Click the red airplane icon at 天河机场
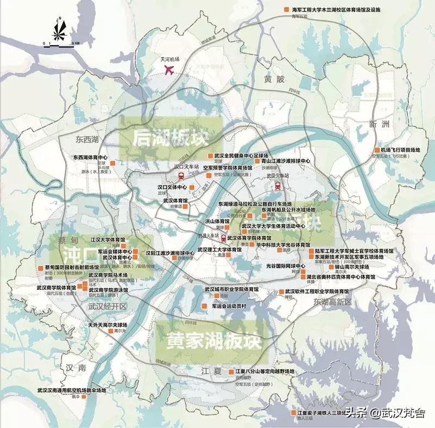click(x=169, y=70)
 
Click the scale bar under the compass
click(x=61, y=44)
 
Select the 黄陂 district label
click(x=275, y=79)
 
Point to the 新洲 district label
click(x=379, y=124)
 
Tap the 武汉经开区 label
click(x=107, y=307)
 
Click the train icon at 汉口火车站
click(x=181, y=175)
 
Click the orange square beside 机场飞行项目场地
click(x=377, y=150)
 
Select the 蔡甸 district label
click(x=62, y=240)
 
